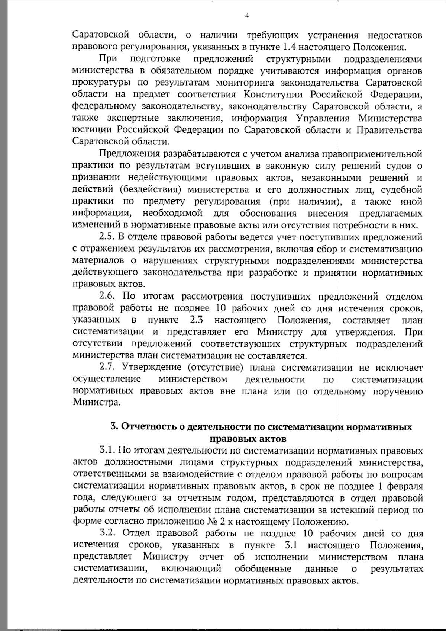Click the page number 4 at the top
point(247,15)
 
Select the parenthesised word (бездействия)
point(150,190)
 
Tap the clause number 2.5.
point(107,237)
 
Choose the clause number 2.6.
point(107,297)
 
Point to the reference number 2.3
point(197,320)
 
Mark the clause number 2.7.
point(107,368)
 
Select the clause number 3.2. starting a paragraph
point(108,534)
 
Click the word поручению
point(401,391)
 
